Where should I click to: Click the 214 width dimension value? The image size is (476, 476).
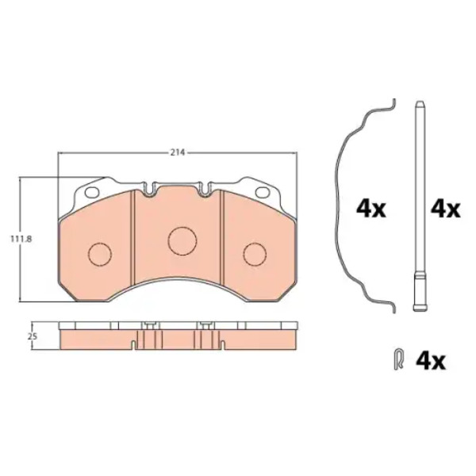pyautogui.click(x=177, y=153)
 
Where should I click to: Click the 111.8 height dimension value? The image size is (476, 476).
pyautogui.click(x=21, y=240)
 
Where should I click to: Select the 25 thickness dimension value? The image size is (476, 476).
pyautogui.click(x=33, y=336)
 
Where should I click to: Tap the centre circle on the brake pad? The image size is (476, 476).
pyautogui.click(x=182, y=241)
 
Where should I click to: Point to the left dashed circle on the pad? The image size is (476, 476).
pyautogui.click(x=100, y=255)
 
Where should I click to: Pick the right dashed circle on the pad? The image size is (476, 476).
pyautogui.click(x=255, y=255)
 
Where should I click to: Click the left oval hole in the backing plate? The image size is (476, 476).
pyautogui.click(x=92, y=192)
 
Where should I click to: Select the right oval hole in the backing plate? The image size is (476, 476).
pyautogui.click(x=263, y=192)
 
